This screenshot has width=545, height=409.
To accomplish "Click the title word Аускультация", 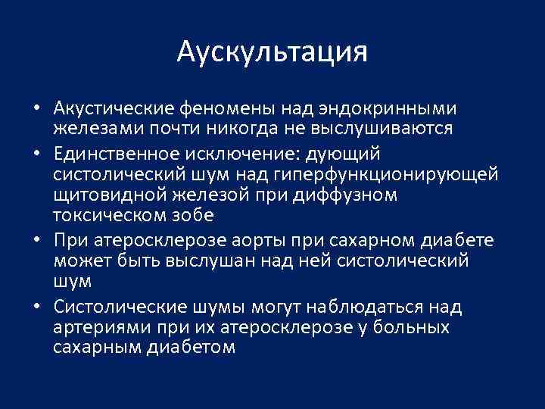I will pyautogui.click(x=272, y=52).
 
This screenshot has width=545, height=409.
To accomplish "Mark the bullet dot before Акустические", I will pyautogui.click(x=36, y=108).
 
